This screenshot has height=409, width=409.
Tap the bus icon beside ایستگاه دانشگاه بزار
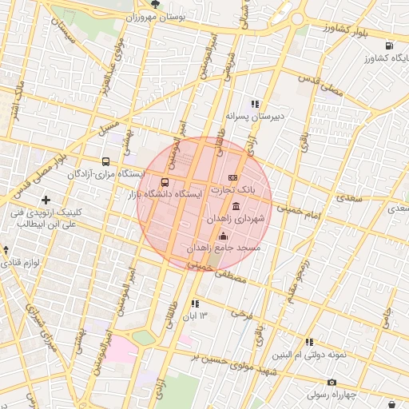point(165,181)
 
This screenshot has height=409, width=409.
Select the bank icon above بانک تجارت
point(233,177)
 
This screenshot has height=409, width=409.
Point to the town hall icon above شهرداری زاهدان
point(235,206)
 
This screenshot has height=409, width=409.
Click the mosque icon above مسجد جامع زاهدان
point(223,236)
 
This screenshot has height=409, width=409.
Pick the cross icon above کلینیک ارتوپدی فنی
point(46,200)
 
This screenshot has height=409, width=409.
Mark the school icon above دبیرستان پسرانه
point(255,104)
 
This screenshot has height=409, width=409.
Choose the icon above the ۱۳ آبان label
point(195,304)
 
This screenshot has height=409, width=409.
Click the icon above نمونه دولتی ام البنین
point(309,342)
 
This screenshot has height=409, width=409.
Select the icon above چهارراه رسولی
point(332,382)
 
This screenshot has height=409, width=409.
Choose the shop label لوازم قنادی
point(21,263)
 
